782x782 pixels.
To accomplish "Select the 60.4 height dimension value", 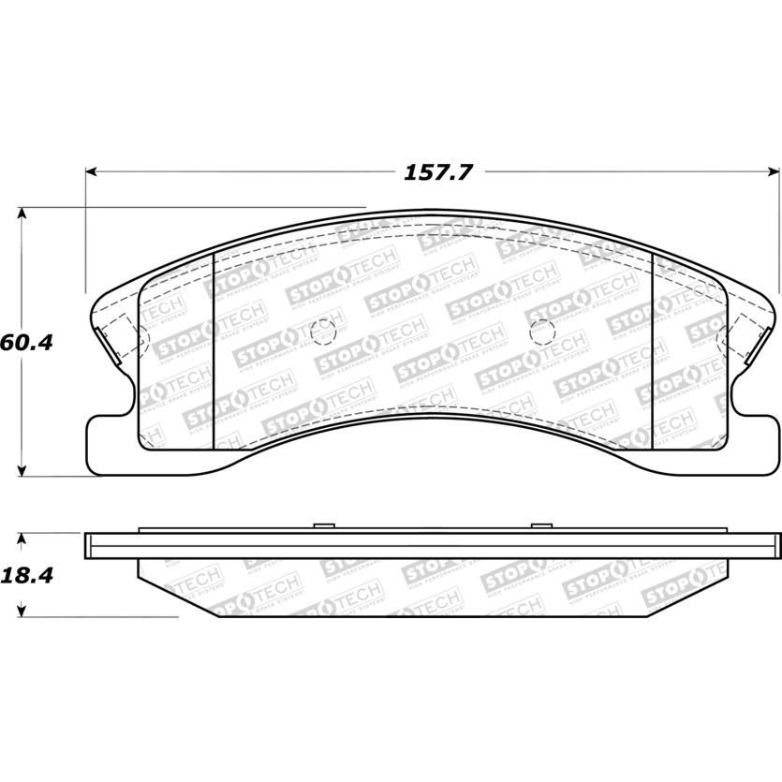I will [25, 342].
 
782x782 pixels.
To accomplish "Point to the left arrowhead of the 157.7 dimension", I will [92, 172].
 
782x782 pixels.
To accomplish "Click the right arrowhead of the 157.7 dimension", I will [774, 172].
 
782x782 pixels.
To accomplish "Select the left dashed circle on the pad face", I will [322, 331].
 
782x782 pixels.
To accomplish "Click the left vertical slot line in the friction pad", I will [215, 351].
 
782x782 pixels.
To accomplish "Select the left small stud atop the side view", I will [321, 526].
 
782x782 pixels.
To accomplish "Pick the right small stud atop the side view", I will [540, 526].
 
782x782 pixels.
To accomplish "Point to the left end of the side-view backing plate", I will [87, 542].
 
